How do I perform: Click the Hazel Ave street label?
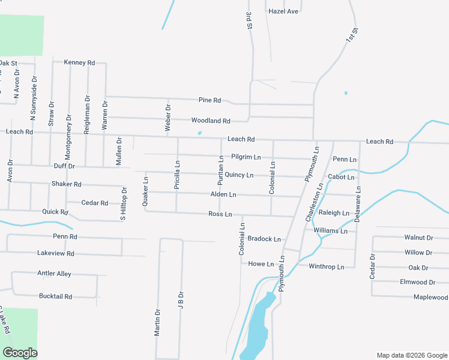coord(283,11)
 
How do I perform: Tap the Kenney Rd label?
coord(79,62)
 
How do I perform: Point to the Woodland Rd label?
coord(211,121)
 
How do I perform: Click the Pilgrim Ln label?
coord(246,157)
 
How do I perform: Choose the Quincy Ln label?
coord(239,175)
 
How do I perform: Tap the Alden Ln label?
coord(223,195)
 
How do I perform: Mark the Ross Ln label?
coord(220,214)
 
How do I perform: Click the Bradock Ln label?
coord(264,239)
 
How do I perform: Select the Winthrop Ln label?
coord(327,267)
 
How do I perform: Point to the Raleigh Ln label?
coord(334,213)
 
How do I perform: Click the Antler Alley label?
coord(55,274)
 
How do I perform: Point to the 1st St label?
coord(351,34)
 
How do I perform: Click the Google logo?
coord(20,353)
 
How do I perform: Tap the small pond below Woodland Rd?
coord(199,133)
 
